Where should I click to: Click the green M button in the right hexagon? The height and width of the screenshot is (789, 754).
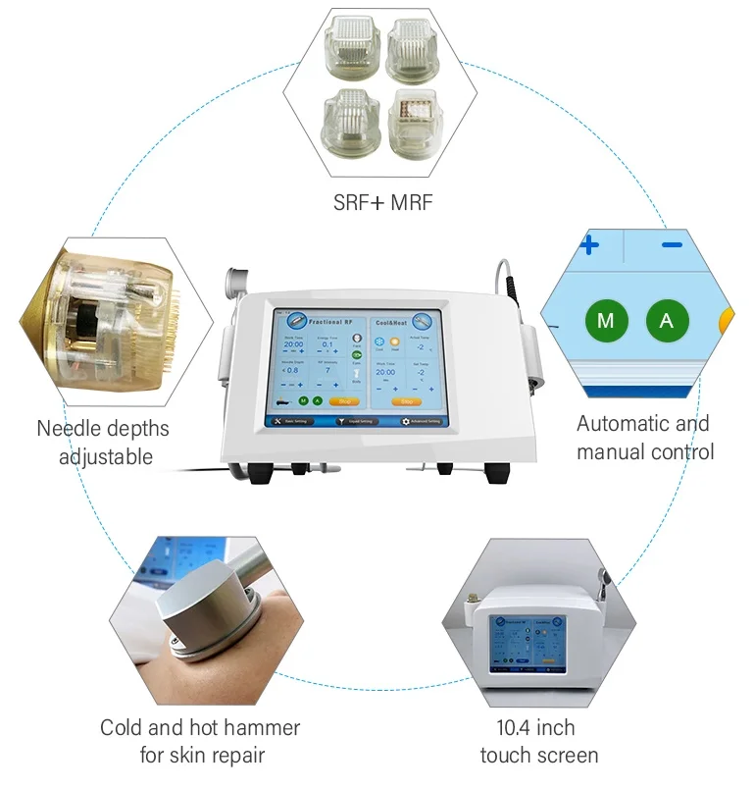[605, 320]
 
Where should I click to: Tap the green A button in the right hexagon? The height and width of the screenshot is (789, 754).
[667, 320]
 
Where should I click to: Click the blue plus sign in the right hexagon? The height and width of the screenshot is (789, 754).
[589, 244]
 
